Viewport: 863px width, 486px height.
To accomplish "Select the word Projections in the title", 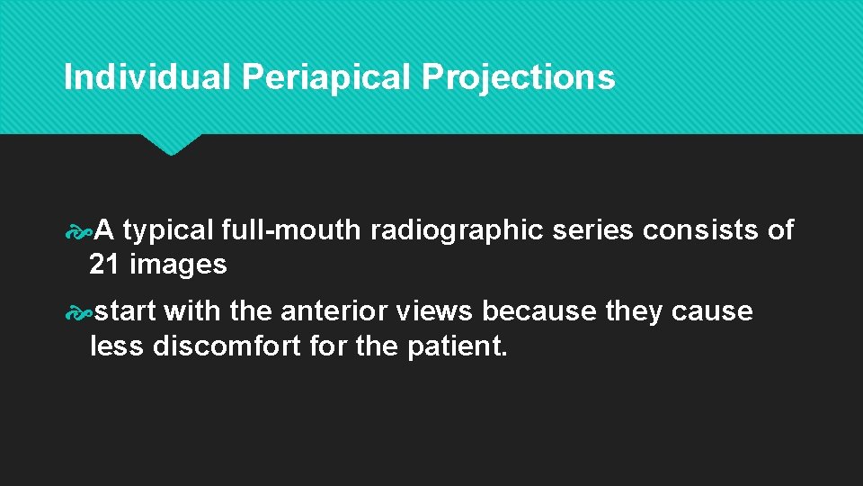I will click(519, 77).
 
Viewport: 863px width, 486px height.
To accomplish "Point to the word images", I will click(178, 265).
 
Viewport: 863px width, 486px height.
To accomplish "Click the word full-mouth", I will click(291, 230).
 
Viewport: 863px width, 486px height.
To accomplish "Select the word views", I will click(433, 311).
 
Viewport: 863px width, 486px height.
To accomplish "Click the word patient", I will click(457, 346).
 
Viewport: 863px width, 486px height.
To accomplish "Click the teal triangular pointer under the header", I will click(171, 144).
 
